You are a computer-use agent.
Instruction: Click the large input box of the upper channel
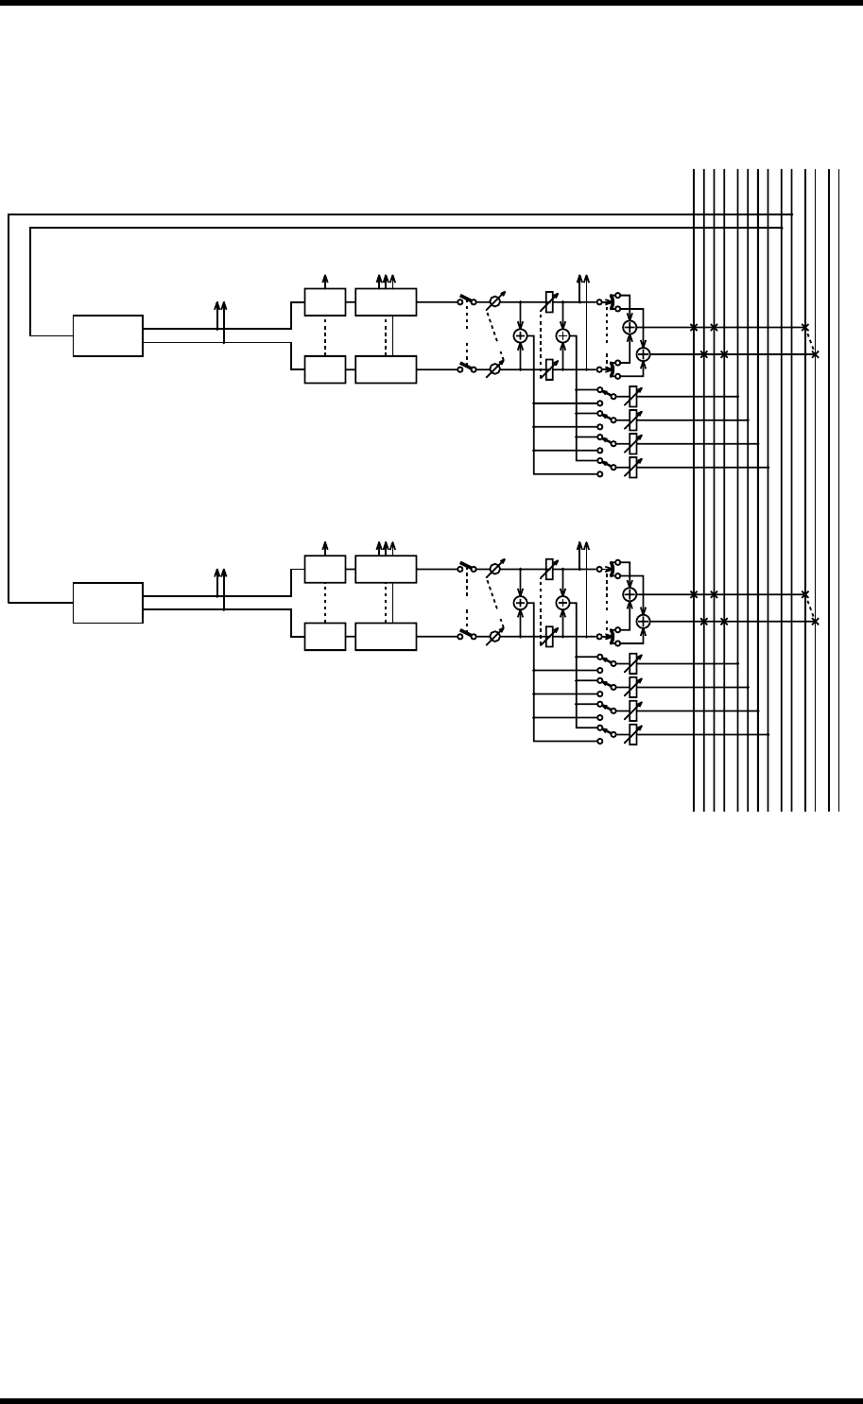pyautogui.click(x=109, y=335)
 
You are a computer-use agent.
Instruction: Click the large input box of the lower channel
pyautogui.click(x=109, y=603)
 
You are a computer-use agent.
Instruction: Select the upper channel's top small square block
pyautogui.click(x=324, y=302)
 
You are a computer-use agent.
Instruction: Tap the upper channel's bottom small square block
pyautogui.click(x=324, y=369)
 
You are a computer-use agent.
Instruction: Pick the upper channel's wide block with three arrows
pyautogui.click(x=386, y=302)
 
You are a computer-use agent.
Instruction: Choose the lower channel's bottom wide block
pyautogui.click(x=386, y=637)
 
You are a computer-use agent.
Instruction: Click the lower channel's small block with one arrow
pyautogui.click(x=324, y=570)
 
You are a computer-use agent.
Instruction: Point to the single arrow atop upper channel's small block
pyautogui.click(x=325, y=281)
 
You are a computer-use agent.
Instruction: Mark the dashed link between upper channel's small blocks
pyautogui.click(x=324, y=335)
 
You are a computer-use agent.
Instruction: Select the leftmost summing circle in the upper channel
pyautogui.click(x=520, y=336)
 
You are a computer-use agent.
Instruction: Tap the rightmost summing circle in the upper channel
pyautogui.click(x=644, y=353)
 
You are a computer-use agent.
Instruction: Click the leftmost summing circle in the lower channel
pyautogui.click(x=520, y=603)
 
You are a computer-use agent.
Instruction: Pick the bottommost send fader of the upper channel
pyautogui.click(x=633, y=467)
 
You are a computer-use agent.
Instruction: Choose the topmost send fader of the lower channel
pyautogui.click(x=633, y=663)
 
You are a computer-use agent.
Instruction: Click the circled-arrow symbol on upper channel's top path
pyautogui.click(x=493, y=302)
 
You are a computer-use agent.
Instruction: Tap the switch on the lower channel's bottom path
pyautogui.click(x=465, y=637)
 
